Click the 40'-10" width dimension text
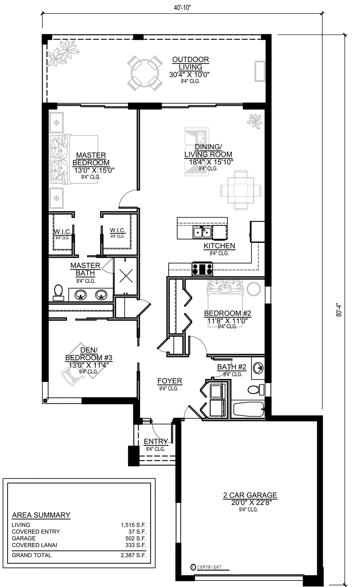[x=182, y=8]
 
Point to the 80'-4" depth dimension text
[x=339, y=310]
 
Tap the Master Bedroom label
[x=91, y=159]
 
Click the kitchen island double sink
[x=202, y=232]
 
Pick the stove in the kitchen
[x=202, y=269]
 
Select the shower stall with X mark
[x=126, y=275]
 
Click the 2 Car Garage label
[x=250, y=495]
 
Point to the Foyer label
[x=170, y=381]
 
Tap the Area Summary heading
[x=41, y=515]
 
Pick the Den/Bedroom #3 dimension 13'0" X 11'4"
[x=86, y=365]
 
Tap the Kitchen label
[x=219, y=246]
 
